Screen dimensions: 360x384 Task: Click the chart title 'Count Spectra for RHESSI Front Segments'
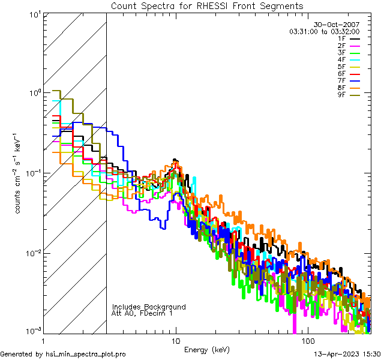(x=207, y=6)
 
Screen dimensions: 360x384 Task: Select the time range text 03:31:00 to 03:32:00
(x=325, y=31)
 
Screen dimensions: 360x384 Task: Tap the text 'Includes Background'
(x=149, y=307)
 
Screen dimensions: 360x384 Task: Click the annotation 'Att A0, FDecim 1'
(x=142, y=313)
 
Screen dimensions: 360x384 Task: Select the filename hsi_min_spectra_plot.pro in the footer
(x=86, y=355)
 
